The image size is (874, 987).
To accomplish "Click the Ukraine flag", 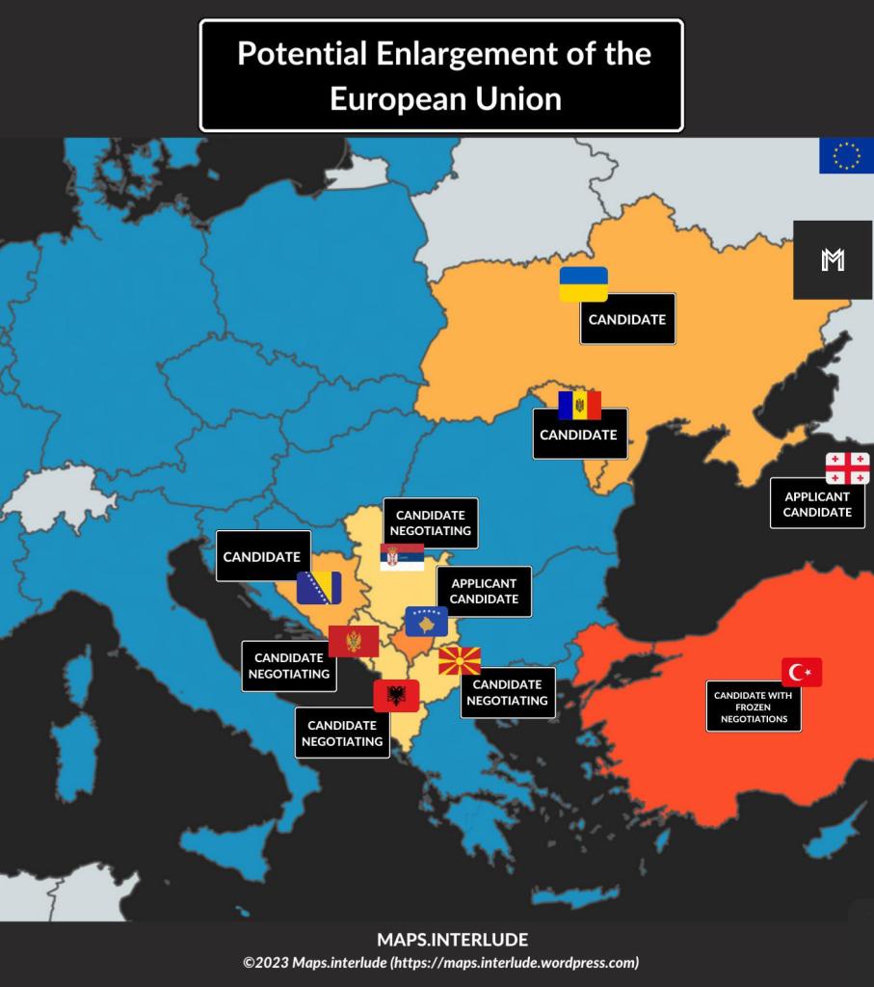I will point(584,284).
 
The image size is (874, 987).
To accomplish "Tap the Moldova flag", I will point(579,406).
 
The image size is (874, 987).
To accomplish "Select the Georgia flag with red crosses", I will point(847,468).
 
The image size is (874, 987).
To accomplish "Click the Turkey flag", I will point(802,673).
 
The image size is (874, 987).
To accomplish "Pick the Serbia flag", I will point(402,557).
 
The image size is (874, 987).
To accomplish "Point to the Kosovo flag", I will point(427,622).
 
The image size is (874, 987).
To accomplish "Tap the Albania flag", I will point(396,695).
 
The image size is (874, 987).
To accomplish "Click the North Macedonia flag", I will point(460,661).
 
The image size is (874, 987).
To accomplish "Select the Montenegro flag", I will point(353,641).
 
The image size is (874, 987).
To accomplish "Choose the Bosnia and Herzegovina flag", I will point(319,587).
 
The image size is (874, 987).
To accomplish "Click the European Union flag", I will point(846,155).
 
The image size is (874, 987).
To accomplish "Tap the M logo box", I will point(833,259).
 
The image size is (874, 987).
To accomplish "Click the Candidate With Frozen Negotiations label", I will point(754,707).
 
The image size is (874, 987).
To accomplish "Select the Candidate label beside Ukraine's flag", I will point(627,319).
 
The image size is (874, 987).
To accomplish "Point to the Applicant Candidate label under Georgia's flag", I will point(817,504).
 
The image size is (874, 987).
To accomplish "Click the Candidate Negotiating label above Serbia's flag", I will point(431,522).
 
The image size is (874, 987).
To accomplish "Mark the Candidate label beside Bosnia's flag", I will point(263,556).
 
